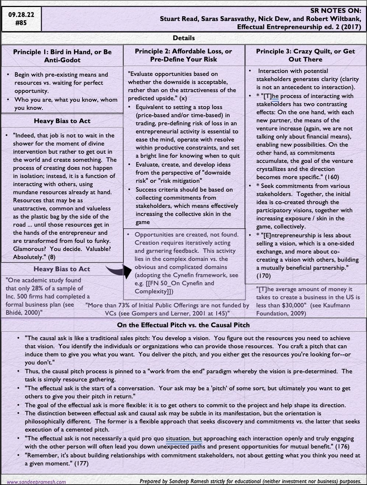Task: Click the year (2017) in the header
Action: [x=350, y=27]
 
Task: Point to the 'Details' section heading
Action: [x=183, y=38]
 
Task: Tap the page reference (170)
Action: [x=263, y=275]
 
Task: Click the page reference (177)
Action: [x=81, y=464]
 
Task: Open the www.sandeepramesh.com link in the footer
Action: [x=36, y=482]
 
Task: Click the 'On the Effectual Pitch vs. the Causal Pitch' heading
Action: [x=183, y=325]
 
